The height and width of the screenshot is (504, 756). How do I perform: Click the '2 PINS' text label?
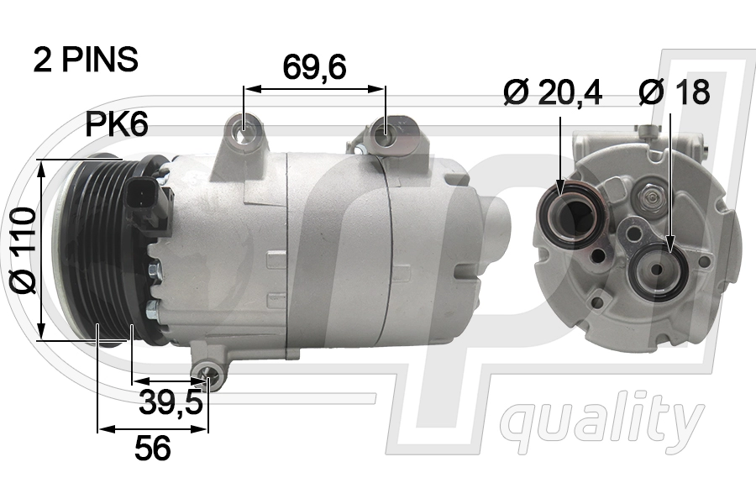86,60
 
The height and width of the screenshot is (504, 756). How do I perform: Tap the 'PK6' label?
117,125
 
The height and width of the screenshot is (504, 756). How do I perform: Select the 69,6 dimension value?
314,67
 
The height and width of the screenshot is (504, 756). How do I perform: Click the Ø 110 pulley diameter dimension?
23,249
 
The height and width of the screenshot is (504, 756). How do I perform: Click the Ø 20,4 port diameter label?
553,92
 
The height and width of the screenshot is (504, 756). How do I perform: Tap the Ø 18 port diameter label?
674,92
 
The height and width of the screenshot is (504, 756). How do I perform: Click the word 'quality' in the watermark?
602,419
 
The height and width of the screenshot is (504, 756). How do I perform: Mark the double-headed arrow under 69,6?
314,87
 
